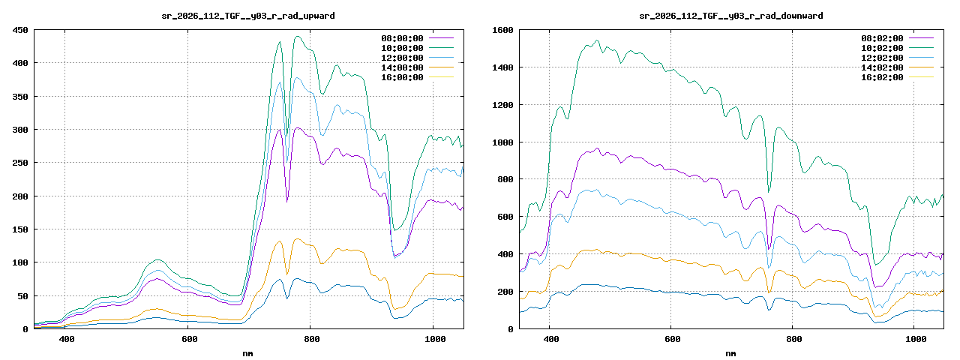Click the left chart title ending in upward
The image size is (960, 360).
click(248, 15)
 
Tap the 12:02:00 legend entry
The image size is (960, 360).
click(881, 58)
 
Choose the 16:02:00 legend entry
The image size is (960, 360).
click(881, 77)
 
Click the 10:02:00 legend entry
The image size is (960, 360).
click(881, 48)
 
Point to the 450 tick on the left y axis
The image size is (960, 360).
click(20, 30)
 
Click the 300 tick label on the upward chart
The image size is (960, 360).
click(20, 130)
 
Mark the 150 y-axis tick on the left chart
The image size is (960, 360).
click(20, 229)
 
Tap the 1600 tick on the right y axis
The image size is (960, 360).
click(502, 30)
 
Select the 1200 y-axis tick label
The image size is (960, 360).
click(502, 105)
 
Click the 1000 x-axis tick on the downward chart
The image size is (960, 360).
click(916, 340)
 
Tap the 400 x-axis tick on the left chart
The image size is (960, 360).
click(66, 340)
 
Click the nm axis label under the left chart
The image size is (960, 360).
click(248, 352)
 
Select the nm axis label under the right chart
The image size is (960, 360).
click(730, 352)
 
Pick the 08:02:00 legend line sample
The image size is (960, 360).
click(921, 38)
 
